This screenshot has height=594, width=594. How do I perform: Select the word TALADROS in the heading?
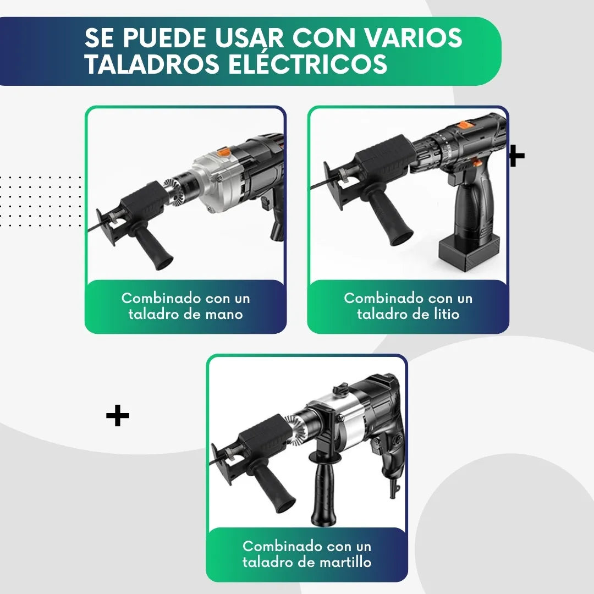152,64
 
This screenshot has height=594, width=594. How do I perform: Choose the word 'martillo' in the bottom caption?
345,562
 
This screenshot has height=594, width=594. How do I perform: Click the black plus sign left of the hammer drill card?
118,416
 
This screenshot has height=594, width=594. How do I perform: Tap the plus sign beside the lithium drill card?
517,156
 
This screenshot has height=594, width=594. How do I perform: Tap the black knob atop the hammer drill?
340,388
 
